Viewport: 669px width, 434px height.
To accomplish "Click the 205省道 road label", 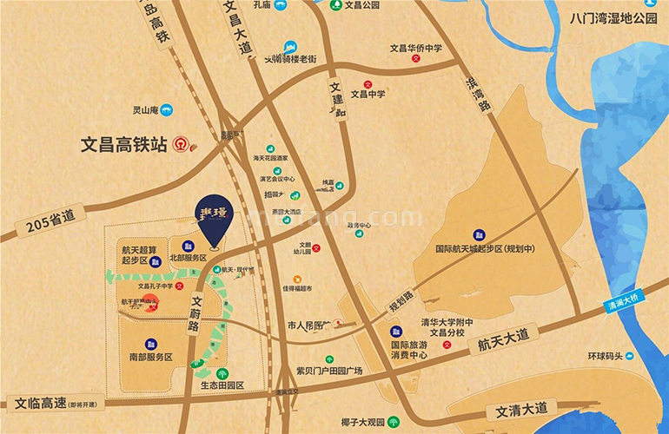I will click(51, 223).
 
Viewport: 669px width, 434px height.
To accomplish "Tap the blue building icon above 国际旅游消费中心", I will click(395, 332).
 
